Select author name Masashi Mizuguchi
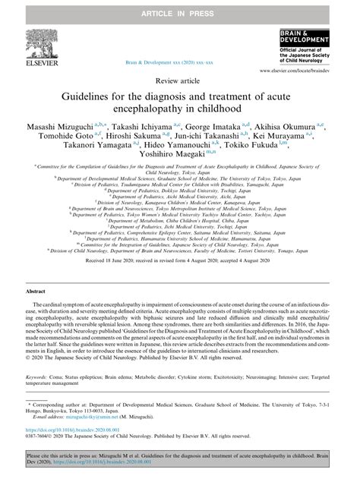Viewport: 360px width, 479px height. click(53, 131)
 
